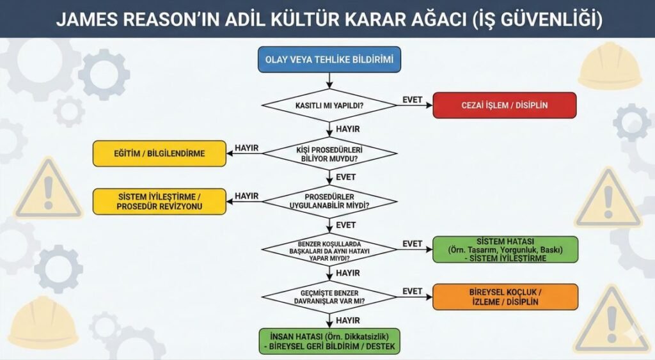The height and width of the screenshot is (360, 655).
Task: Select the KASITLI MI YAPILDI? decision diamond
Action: pyautogui.click(x=329, y=105)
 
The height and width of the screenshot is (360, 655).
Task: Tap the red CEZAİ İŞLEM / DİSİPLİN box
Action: pyautogui.click(x=505, y=105)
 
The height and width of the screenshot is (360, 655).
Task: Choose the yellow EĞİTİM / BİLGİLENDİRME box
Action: pyautogui.click(x=160, y=153)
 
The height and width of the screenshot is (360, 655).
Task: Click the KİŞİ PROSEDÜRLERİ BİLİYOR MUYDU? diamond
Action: pyautogui.click(x=329, y=153)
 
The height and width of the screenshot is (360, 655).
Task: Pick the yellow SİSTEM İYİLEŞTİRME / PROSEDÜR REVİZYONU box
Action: pyautogui.click(x=160, y=201)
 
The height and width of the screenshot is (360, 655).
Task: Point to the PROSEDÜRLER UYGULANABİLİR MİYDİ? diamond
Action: pyautogui.click(x=329, y=201)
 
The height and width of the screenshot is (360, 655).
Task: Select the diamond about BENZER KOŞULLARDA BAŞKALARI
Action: pyautogui.click(x=329, y=249)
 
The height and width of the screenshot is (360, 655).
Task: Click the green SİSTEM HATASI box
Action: pyautogui.click(x=505, y=249)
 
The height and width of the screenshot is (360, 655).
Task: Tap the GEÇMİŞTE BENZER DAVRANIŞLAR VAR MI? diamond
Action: pyautogui.click(x=329, y=297)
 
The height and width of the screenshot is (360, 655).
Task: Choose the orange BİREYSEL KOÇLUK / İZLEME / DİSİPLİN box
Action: pyautogui.click(x=505, y=297)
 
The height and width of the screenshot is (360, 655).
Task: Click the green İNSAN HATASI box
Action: pyautogui.click(x=329, y=341)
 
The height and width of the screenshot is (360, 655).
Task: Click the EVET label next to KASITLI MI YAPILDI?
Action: pyautogui.click(x=412, y=100)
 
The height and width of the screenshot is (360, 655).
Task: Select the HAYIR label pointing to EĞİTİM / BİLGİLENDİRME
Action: pyautogui.click(x=246, y=148)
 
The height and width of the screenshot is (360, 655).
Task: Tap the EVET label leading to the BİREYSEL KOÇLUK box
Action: pyautogui.click(x=412, y=291)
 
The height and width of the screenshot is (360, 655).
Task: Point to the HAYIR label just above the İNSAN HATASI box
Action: pyautogui.click(x=347, y=320)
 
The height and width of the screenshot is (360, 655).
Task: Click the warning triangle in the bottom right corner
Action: pyautogui.click(x=612, y=320)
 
